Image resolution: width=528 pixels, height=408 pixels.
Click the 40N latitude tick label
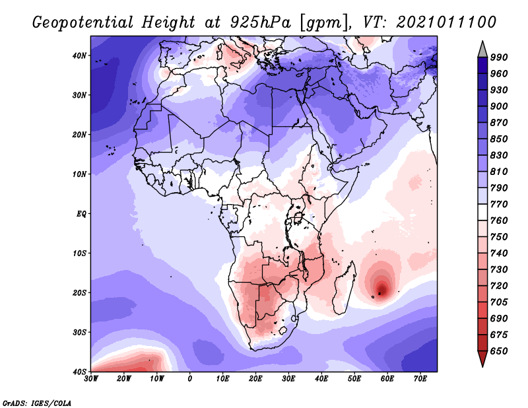(79, 55)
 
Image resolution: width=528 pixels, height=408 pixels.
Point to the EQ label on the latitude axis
(81, 214)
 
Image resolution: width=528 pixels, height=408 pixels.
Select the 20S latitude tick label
(79, 292)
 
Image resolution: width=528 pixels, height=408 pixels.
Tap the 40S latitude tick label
(79, 372)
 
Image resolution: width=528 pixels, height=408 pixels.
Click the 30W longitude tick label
(91, 379)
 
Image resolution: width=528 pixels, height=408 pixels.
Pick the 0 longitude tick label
(190, 379)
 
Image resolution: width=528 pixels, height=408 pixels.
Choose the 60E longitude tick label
(387, 379)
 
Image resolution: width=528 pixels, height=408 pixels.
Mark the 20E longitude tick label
(255, 379)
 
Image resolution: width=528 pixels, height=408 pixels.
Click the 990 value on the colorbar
(499, 57)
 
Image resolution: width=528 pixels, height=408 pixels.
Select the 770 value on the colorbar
(499, 204)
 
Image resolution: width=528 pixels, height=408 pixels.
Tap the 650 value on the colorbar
(499, 351)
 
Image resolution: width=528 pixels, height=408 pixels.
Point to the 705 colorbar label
(499, 302)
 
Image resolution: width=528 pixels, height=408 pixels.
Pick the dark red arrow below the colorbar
(482, 358)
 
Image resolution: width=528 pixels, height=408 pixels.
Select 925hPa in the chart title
(260, 22)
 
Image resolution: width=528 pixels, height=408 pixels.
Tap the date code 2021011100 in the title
(446, 22)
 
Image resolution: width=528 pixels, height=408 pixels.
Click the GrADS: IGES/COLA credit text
(37, 403)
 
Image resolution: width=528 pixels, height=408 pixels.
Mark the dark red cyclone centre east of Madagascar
(382, 290)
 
